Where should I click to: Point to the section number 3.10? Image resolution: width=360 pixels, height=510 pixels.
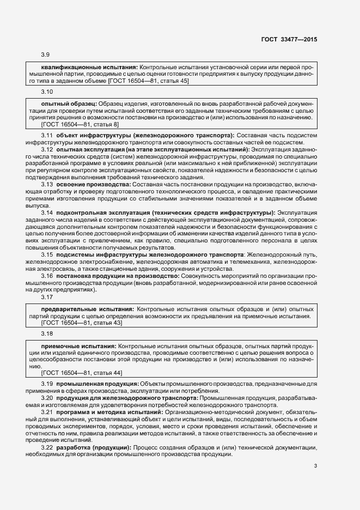click(47, 92)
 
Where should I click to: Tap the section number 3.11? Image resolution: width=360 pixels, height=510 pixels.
click(47, 135)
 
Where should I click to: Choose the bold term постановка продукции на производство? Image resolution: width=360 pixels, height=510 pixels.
click(118, 276)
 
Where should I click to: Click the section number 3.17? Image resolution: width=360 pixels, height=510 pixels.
click(47, 297)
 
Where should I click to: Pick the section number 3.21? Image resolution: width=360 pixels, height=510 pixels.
click(47, 412)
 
